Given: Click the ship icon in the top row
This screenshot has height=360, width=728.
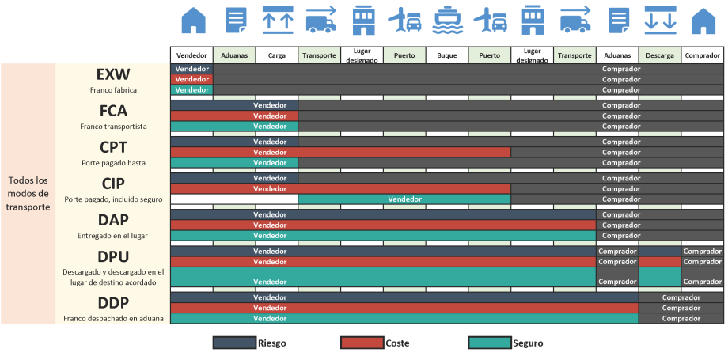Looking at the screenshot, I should click(x=447, y=20).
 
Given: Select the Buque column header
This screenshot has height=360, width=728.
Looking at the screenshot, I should click(x=447, y=56).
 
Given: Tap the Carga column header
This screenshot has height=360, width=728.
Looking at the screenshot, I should click(x=277, y=56).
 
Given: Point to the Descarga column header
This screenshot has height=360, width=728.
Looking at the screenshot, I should click(x=660, y=56).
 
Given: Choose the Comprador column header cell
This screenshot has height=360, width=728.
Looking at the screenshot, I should click(x=702, y=56).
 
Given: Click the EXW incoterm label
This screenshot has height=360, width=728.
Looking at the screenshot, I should click(x=112, y=74).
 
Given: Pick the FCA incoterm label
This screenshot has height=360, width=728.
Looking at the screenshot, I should click(x=112, y=111).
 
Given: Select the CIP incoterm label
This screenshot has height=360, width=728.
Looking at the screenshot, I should click(x=112, y=184).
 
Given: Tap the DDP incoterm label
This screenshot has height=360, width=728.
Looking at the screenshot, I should click(x=112, y=303).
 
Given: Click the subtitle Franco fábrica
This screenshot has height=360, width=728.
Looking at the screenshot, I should click(x=112, y=90).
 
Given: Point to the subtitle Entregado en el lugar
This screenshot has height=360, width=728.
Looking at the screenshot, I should click(x=112, y=236).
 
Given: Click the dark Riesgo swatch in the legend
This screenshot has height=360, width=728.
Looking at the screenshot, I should click(x=234, y=343).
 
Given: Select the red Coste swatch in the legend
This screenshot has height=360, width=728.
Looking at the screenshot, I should click(x=362, y=343).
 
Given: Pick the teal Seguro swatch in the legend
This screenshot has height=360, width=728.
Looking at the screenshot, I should click(x=489, y=343).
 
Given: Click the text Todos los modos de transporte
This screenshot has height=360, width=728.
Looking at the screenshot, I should click(x=28, y=194).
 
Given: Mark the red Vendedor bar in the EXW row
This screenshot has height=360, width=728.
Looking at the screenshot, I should click(x=191, y=79).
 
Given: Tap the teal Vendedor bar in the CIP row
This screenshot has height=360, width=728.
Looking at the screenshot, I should click(x=404, y=199).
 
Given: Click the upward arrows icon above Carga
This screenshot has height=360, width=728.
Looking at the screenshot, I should click(x=277, y=20).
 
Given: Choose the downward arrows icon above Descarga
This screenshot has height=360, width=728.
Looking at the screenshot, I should click(x=660, y=20).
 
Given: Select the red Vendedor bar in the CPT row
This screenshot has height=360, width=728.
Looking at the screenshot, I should click(x=340, y=152).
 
